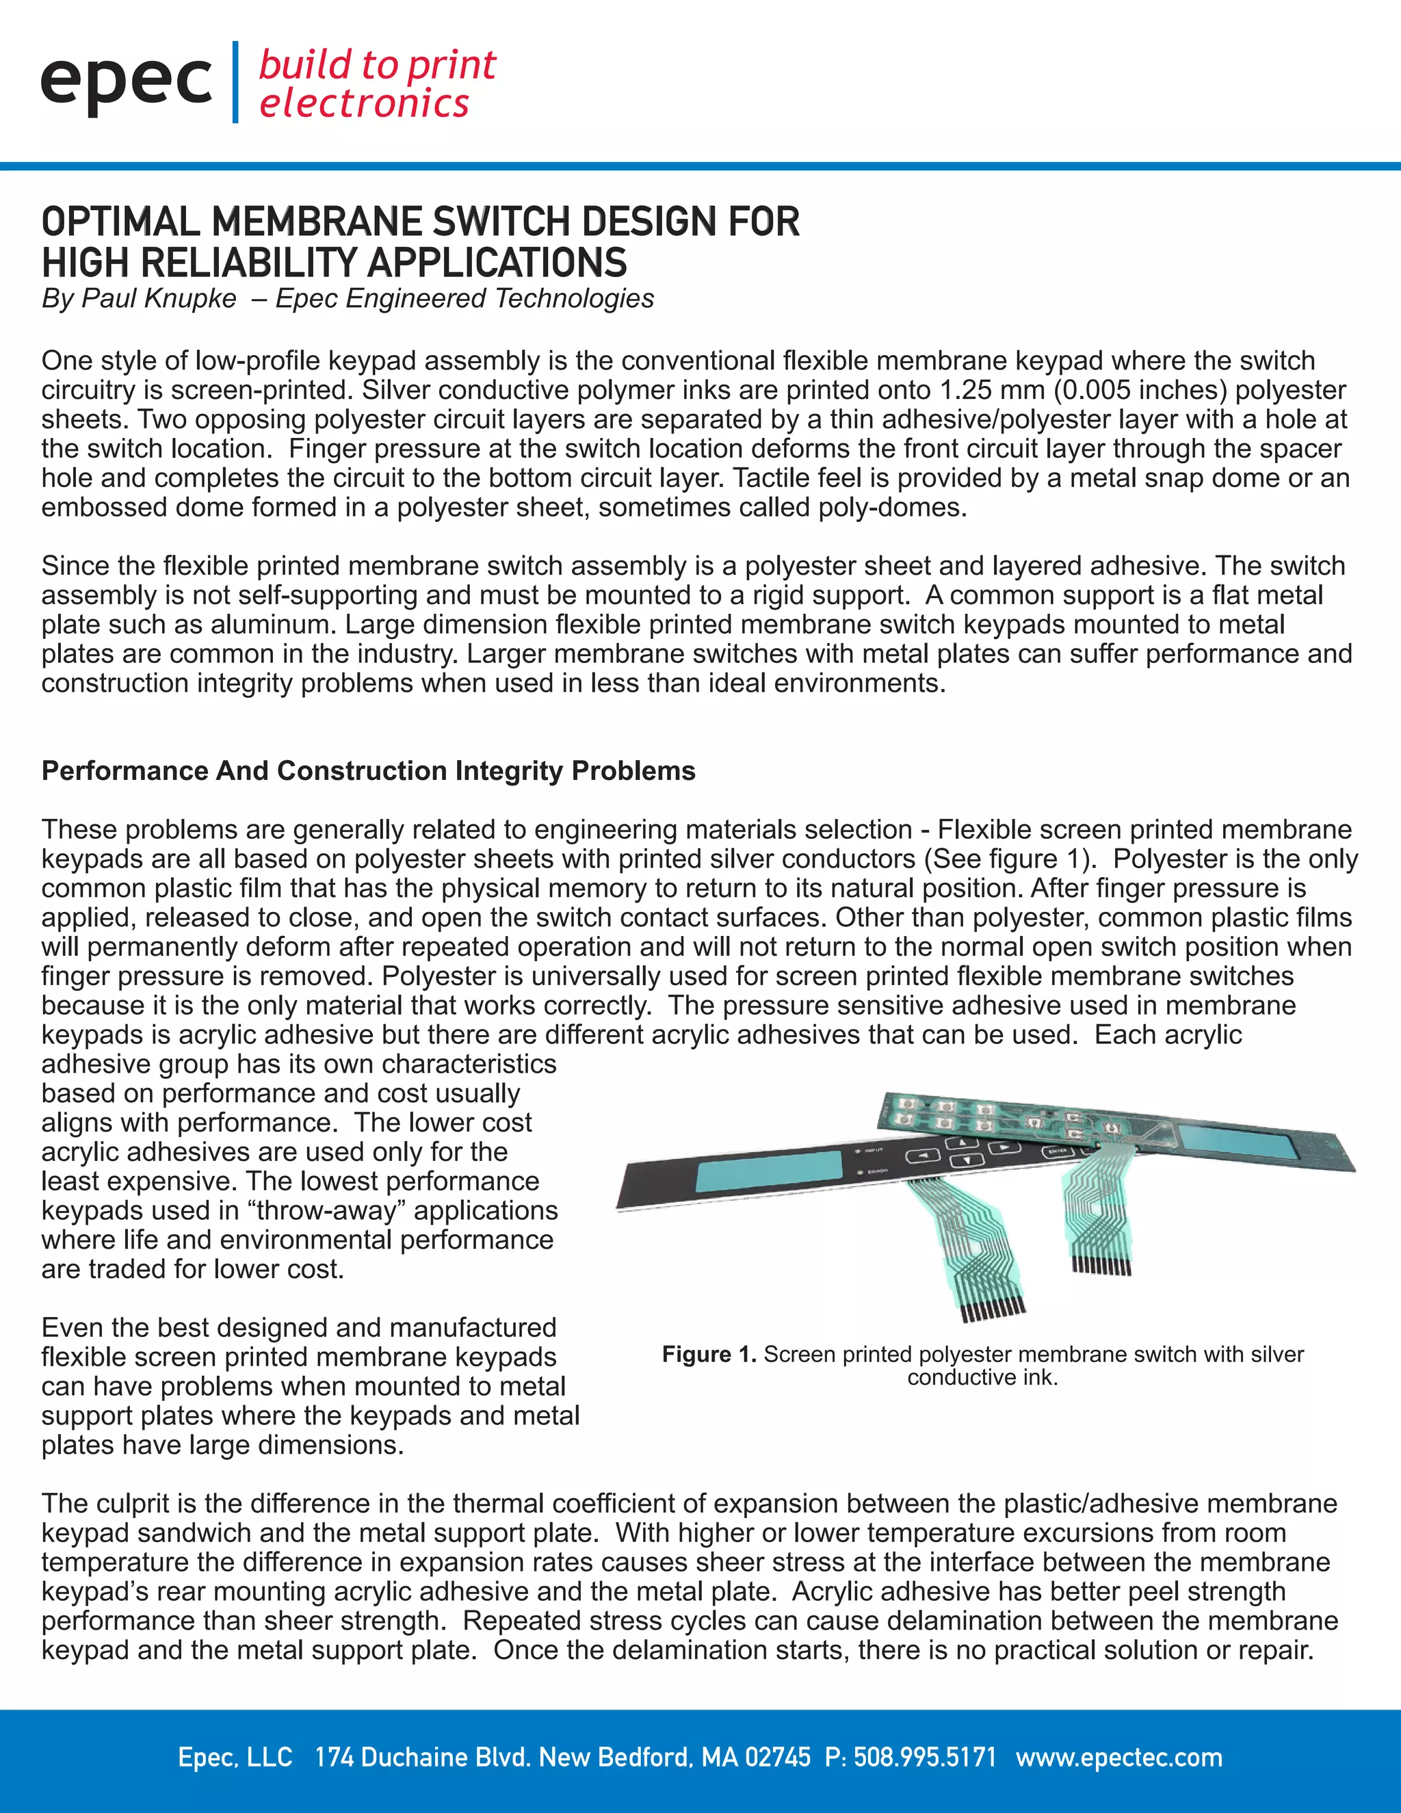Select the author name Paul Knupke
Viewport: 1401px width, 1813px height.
pos(159,298)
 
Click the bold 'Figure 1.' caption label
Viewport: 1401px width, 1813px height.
pos(709,1355)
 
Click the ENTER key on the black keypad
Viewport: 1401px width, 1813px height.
pos(1058,1151)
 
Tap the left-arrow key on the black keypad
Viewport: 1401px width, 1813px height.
pos(922,1156)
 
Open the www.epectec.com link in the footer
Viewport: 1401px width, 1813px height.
pos(1118,1758)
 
